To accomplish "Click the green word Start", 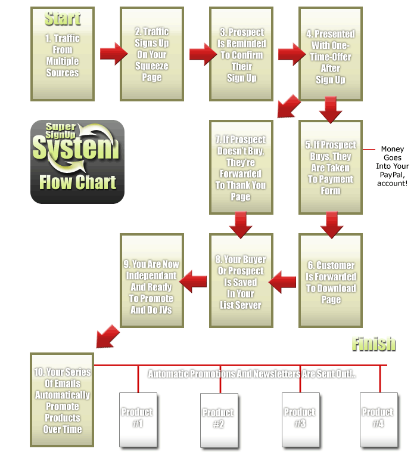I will click(63, 18).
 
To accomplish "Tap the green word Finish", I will click(374, 344).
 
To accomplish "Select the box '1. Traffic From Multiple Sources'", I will click(63, 54).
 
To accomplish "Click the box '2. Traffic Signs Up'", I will click(152, 54).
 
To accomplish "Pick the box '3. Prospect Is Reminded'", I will click(241, 54).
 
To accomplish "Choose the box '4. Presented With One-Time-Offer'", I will click(331, 54).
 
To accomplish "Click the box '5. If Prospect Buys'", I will click(331, 168).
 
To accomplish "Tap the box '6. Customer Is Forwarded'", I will click(331, 281).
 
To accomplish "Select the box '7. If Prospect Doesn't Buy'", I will click(241, 168).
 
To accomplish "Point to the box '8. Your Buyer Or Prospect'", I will click(241, 281).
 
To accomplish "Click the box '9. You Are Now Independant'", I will click(152, 281).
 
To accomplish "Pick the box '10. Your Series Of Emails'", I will click(63, 400).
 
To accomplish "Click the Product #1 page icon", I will click(138, 419).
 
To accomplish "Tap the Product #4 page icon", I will click(379, 419).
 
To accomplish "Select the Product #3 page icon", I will click(300, 419).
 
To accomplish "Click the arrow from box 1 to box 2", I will click(113, 54).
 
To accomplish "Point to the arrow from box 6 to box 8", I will click(283, 281).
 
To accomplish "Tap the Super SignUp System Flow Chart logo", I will click(77, 162).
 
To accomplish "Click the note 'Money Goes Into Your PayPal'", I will click(393, 166).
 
